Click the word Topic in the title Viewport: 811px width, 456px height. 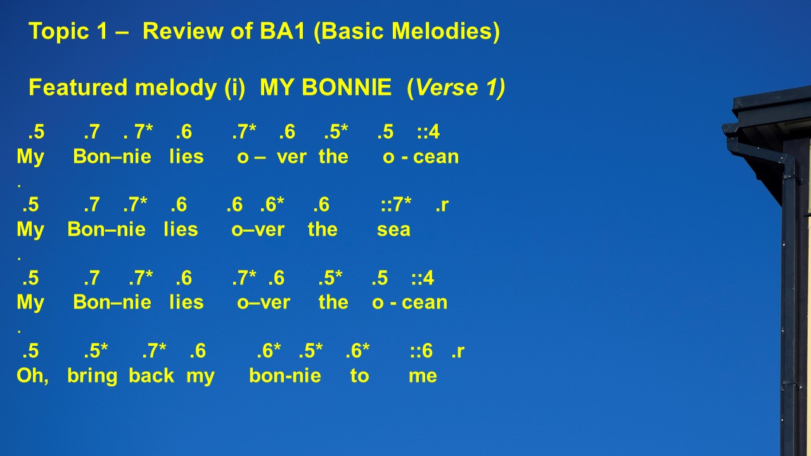(x=59, y=32)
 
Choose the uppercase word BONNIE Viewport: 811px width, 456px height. (x=347, y=87)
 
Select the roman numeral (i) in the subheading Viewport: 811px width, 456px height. (x=235, y=88)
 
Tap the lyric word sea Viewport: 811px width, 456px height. (x=393, y=230)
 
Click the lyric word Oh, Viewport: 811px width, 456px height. (x=32, y=376)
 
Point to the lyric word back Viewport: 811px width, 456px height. (x=151, y=376)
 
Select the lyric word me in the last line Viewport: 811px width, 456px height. (x=423, y=376)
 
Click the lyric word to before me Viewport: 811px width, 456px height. (x=359, y=376)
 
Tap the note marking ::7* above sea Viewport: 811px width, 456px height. (x=396, y=205)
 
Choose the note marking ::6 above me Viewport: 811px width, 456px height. (x=421, y=351)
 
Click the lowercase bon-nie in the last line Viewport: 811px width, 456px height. (x=285, y=376)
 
